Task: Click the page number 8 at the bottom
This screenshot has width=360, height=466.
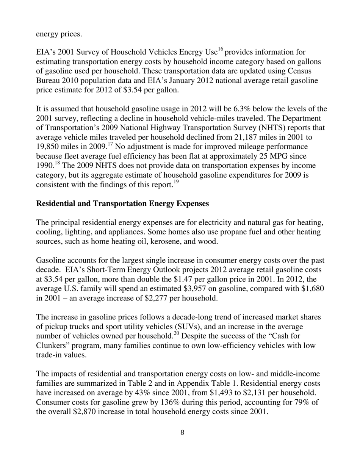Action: [182, 433]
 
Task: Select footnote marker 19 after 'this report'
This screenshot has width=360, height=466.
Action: [176, 182]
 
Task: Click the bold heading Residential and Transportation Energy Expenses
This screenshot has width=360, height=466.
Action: [122, 203]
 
